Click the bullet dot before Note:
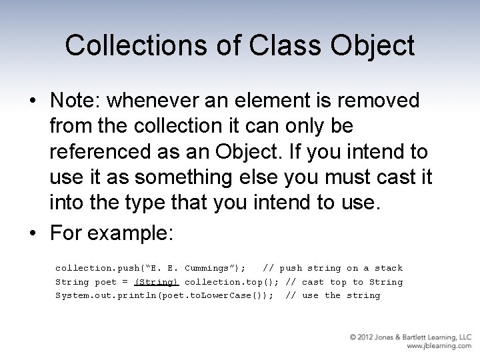(32, 101)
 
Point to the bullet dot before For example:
(32, 235)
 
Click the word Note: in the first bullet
(76, 101)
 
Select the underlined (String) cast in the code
(156, 282)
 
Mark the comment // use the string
(333, 295)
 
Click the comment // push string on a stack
(333, 268)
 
